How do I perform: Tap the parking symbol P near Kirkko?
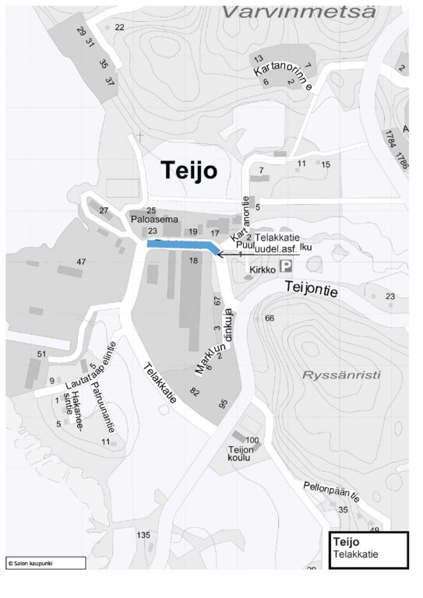[287, 266]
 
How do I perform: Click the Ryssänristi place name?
[341, 375]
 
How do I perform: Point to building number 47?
[81, 262]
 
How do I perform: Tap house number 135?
[143, 535]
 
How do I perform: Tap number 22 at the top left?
[119, 27]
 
